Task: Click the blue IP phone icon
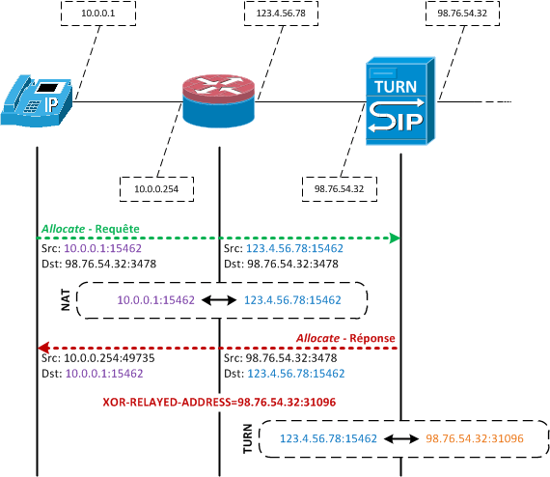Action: pyautogui.click(x=37, y=100)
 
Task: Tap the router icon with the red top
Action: pyautogui.click(x=218, y=100)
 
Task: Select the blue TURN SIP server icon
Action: pyautogui.click(x=400, y=101)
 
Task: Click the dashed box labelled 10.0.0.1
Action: pyautogui.click(x=98, y=14)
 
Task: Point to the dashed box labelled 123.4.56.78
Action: pyautogui.click(x=281, y=14)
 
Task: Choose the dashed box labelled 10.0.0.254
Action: pyautogui.click(x=156, y=189)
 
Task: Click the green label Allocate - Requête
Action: pyautogui.click(x=91, y=229)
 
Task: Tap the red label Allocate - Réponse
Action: pyautogui.click(x=345, y=338)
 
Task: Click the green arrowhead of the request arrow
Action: pyautogui.click(x=395, y=238)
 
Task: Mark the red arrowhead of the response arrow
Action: pyautogui.click(x=43, y=348)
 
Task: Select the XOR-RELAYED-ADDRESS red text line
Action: pyautogui.click(x=219, y=402)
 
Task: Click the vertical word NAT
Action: pyautogui.click(x=66, y=299)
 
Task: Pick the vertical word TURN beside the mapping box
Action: pyautogui.click(x=248, y=438)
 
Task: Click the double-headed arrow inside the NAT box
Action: pyautogui.click(x=219, y=300)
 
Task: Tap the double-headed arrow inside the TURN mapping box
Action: pyautogui.click(x=401, y=438)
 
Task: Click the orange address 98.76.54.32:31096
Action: pyautogui.click(x=475, y=438)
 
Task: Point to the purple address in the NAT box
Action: pyautogui.click(x=155, y=300)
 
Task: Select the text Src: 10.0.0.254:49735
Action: pyautogui.click(x=98, y=358)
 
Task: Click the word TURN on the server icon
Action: pyautogui.click(x=396, y=87)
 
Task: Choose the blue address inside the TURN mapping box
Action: pyautogui.click(x=328, y=438)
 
